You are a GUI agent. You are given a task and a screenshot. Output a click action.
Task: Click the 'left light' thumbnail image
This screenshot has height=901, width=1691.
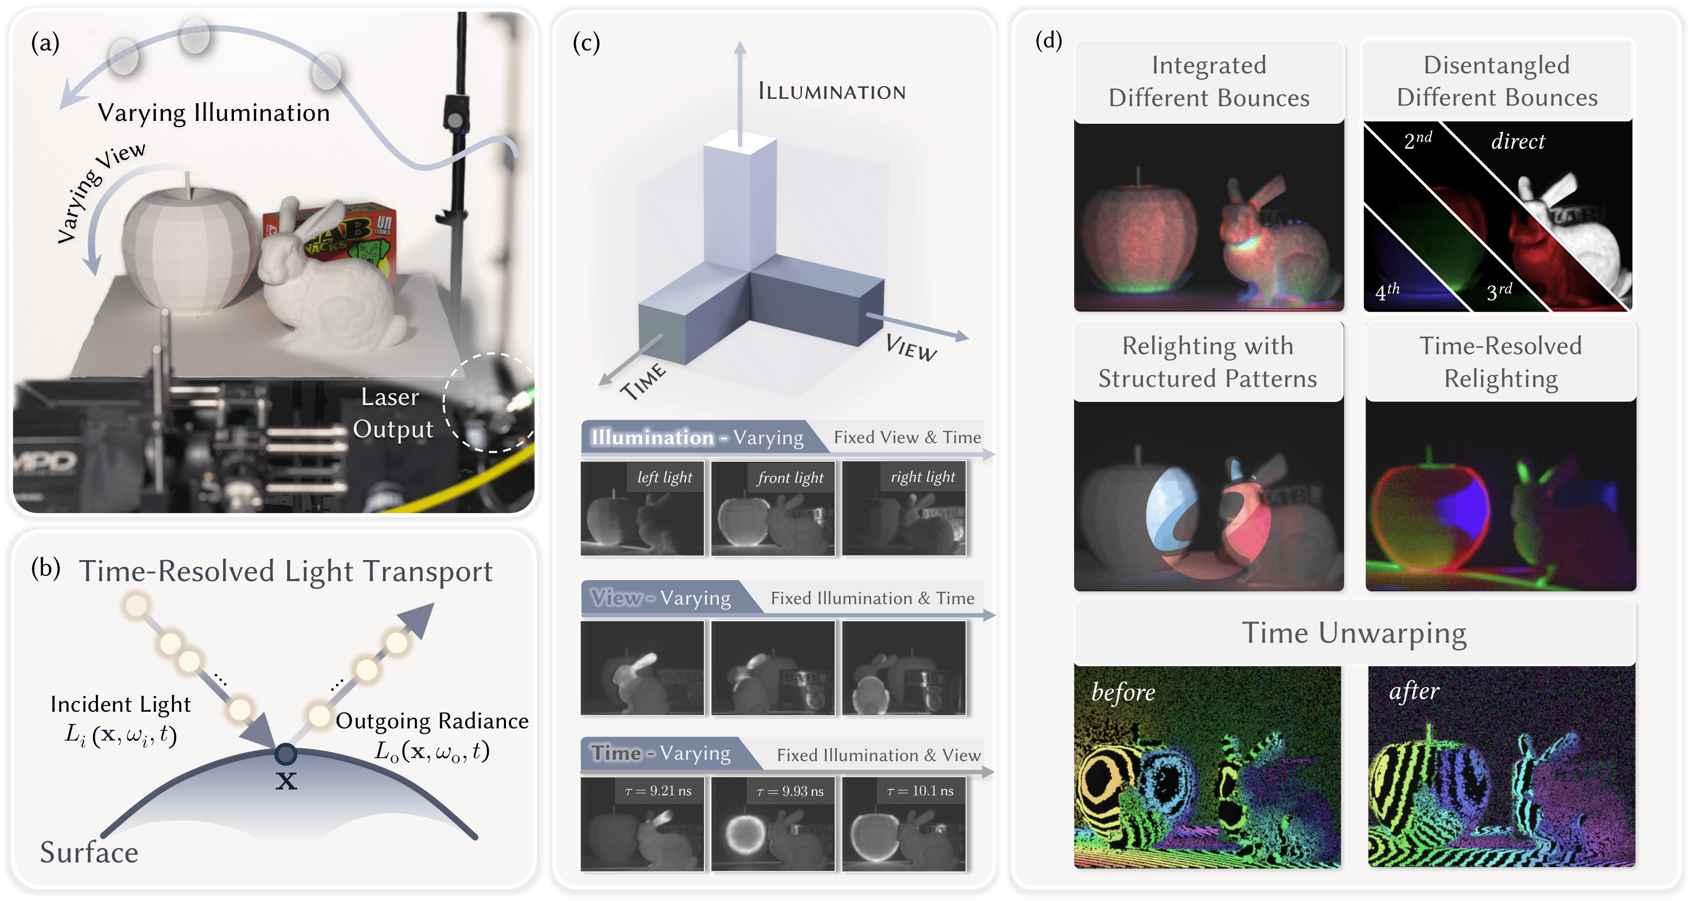(x=642, y=509)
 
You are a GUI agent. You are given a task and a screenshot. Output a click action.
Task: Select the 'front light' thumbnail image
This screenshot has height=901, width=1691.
(x=773, y=509)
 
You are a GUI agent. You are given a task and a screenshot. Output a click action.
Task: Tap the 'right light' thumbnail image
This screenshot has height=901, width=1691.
(x=903, y=509)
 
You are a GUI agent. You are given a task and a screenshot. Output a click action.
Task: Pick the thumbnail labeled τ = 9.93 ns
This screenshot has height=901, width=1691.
(x=773, y=824)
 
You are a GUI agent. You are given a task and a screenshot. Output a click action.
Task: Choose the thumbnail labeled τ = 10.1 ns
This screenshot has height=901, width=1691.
(x=903, y=824)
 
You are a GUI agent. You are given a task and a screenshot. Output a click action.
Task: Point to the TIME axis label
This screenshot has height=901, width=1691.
(x=643, y=381)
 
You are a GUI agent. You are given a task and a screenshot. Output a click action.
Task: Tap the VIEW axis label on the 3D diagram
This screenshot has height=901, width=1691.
(x=911, y=347)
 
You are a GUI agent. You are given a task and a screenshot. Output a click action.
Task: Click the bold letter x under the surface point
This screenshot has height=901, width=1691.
(x=286, y=781)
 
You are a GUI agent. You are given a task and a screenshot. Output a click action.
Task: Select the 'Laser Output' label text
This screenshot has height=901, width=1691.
(x=392, y=413)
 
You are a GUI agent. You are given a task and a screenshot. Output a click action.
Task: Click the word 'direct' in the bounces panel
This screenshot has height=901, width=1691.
(x=1518, y=141)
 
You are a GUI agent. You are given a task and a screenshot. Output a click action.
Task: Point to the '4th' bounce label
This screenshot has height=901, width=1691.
(x=1387, y=291)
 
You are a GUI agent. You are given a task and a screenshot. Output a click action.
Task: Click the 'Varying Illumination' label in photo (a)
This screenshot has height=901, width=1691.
(x=214, y=113)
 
